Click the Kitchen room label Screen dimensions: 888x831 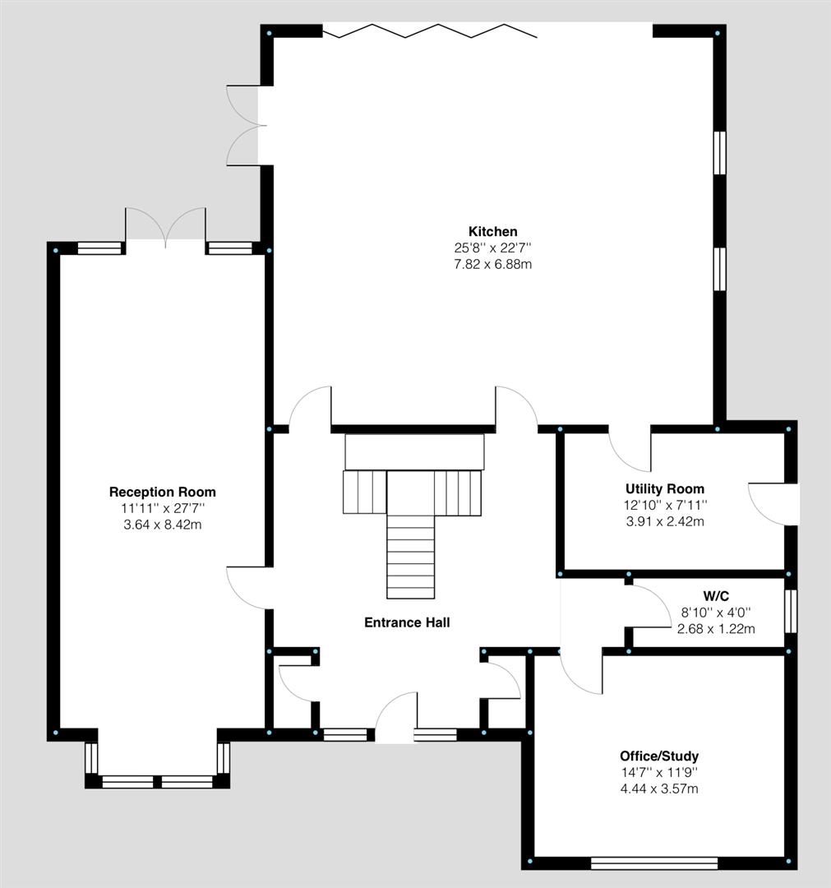(x=493, y=231)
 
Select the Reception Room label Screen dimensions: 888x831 (x=163, y=492)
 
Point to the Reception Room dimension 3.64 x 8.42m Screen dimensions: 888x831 (x=163, y=524)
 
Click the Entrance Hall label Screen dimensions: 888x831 (x=407, y=622)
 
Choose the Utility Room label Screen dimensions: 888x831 (x=664, y=488)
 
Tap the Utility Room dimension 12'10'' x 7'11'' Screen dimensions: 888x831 (x=664, y=505)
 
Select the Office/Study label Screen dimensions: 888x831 (x=659, y=756)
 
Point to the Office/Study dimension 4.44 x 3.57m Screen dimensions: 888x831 (x=659, y=789)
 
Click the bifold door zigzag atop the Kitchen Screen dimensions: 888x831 (x=429, y=31)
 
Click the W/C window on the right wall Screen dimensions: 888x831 (x=790, y=611)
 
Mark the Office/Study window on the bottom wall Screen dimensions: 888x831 (x=654, y=863)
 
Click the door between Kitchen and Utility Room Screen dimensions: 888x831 (x=629, y=449)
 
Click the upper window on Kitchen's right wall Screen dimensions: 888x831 (x=719, y=153)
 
